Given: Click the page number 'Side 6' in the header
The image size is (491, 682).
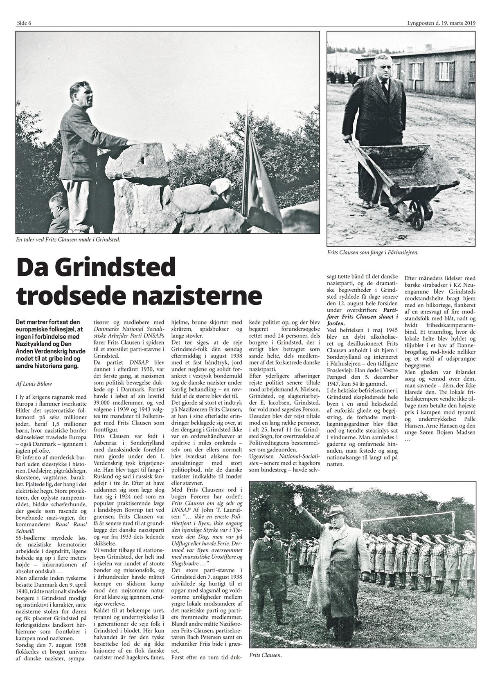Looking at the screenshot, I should click(24, 23).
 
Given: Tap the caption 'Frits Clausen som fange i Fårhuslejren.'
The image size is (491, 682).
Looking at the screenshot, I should click(372, 253).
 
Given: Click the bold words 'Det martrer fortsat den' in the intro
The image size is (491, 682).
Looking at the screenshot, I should click(48, 322).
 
